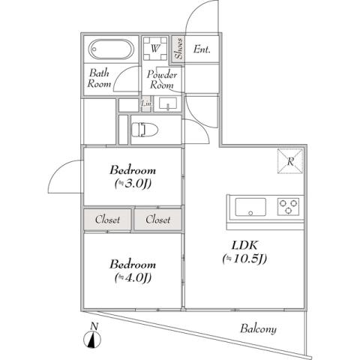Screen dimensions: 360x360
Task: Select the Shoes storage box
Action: click(x=178, y=49)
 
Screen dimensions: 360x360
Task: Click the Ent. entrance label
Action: click(x=202, y=50)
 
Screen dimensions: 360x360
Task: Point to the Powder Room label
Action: click(x=161, y=79)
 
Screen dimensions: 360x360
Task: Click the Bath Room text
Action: click(x=100, y=79)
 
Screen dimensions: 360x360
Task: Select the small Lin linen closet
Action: click(x=136, y=103)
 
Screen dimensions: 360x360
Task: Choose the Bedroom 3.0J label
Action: click(x=133, y=175)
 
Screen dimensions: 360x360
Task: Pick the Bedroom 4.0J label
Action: click(x=133, y=271)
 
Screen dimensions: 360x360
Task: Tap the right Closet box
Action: click(x=157, y=220)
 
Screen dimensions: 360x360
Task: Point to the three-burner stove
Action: click(x=288, y=205)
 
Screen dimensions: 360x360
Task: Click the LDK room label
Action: click(x=244, y=252)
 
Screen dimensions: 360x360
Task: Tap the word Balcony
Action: click(x=258, y=328)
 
